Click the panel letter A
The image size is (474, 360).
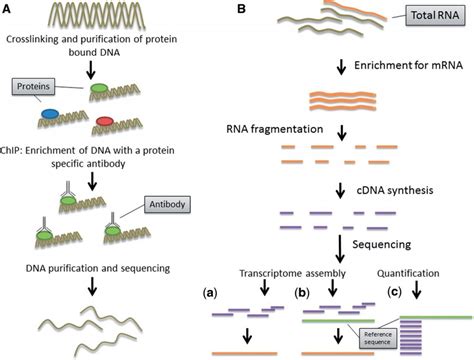point(9,9)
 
